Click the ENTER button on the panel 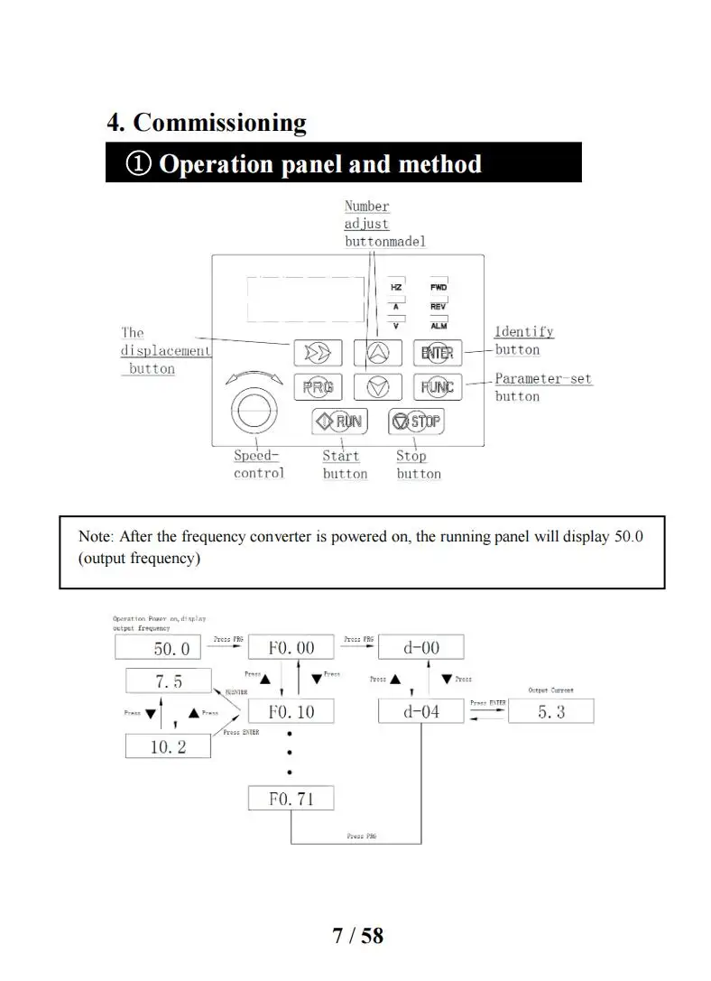[x=437, y=352]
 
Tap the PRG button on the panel [x=318, y=387]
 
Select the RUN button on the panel [x=337, y=421]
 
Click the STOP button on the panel [x=416, y=421]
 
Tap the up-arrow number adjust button [x=377, y=352]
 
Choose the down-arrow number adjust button [x=377, y=387]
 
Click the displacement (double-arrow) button [x=318, y=352]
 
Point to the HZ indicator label [x=396, y=287]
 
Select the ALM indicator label [x=439, y=326]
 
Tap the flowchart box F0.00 [x=291, y=647]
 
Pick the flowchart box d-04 [x=420, y=711]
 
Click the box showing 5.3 [x=550, y=711]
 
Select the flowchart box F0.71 [x=291, y=798]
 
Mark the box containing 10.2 [x=168, y=745]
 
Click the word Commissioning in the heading [x=219, y=123]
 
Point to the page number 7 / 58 [x=357, y=936]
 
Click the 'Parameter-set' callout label [x=543, y=379]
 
